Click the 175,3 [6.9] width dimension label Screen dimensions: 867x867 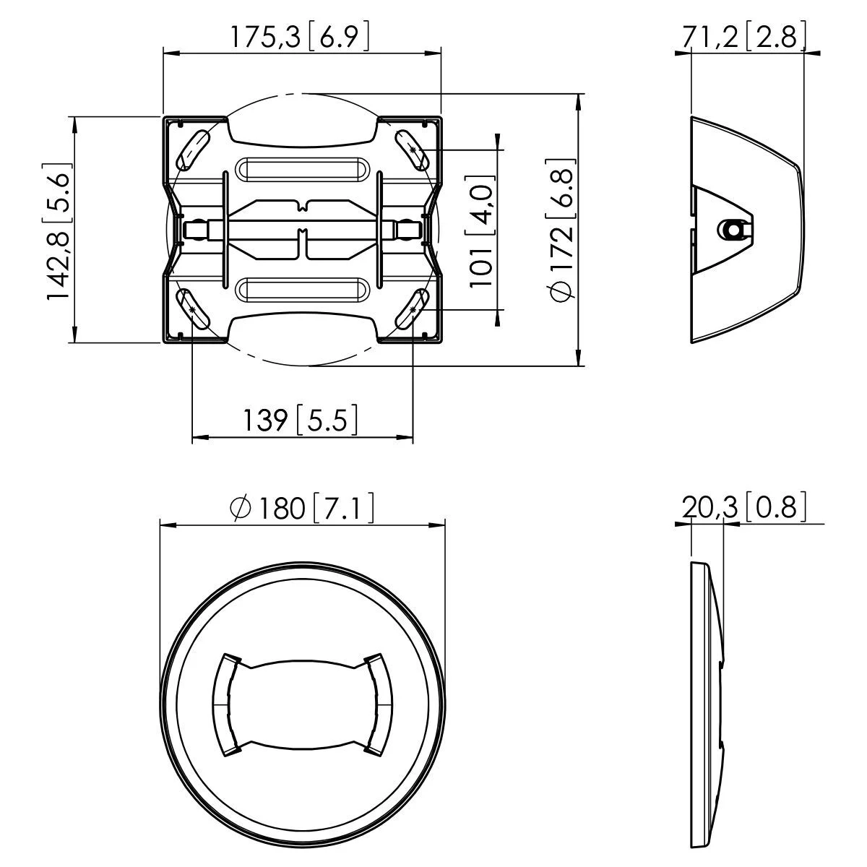[x=299, y=38]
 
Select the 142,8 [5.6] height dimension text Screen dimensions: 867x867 [x=58, y=230]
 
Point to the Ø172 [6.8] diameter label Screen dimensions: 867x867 [x=561, y=230]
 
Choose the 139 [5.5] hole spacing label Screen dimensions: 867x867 [x=301, y=420]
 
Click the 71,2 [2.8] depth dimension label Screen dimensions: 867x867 [x=744, y=37]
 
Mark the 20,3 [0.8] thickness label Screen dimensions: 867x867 [x=744, y=507]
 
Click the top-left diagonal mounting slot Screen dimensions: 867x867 [x=192, y=149]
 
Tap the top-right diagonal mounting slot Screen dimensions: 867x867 [x=411, y=149]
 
